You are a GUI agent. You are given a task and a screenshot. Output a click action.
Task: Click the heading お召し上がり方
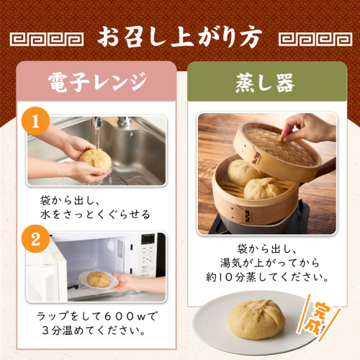tap(179, 38)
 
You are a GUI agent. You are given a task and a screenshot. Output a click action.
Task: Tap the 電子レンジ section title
tap(97, 82)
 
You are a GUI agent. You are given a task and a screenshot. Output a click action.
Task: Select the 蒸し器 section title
tap(265, 83)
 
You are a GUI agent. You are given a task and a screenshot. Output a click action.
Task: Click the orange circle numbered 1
tap(35, 121)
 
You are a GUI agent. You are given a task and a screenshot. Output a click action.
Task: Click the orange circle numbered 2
tap(35, 239)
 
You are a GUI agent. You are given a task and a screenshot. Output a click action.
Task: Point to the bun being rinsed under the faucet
tap(96, 159)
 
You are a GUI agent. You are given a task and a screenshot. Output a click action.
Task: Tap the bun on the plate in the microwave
tap(99, 279)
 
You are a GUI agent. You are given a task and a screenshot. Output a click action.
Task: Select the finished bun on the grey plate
tap(257, 319)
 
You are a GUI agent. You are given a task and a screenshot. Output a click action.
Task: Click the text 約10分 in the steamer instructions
tap(225, 277)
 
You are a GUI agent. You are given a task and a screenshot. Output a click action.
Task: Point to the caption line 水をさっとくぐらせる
tap(95, 214)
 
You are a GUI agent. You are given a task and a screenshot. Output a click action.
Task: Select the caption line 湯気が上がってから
tap(270, 263)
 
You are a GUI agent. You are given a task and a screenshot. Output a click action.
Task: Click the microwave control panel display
tap(148, 239)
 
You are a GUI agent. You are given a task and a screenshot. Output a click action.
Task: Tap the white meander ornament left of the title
tap(47, 40)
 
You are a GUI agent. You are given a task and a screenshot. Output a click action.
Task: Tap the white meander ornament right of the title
tap(315, 40)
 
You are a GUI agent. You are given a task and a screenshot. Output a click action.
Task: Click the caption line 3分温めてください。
tap(94, 330)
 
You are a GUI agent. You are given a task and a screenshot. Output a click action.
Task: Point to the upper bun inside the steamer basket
tap(243, 172)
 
